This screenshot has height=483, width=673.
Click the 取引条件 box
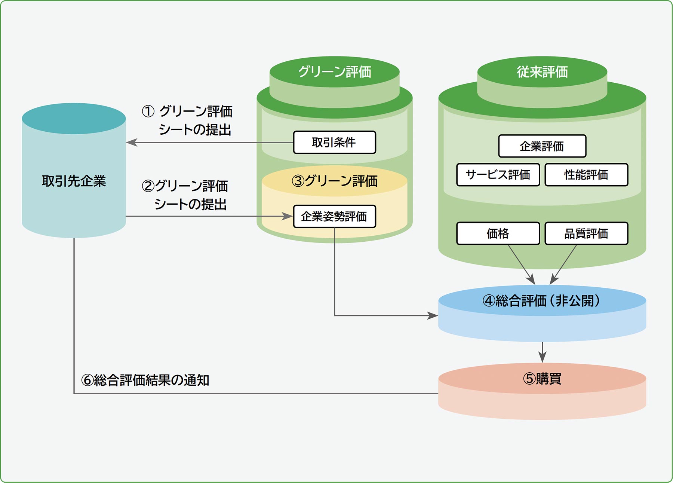click(x=334, y=142)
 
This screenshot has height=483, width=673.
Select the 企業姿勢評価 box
click(x=334, y=216)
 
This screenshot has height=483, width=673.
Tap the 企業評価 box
click(x=542, y=146)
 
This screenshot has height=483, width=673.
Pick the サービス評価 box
click(x=498, y=175)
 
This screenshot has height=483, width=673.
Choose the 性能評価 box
click(x=586, y=175)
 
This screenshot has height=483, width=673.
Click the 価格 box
click(x=498, y=233)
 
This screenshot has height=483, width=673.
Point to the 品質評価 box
click(x=586, y=233)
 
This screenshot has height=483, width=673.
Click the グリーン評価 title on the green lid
click(x=334, y=72)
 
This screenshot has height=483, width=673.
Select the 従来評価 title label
click(x=542, y=72)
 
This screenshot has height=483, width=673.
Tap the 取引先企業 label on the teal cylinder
click(x=74, y=181)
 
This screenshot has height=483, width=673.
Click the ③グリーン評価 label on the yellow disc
click(x=334, y=181)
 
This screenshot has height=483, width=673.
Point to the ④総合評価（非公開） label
click(x=542, y=300)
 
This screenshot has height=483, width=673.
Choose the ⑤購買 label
click(x=542, y=379)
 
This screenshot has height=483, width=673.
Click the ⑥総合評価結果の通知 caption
click(x=145, y=380)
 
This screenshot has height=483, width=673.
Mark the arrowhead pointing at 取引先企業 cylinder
click(x=131, y=143)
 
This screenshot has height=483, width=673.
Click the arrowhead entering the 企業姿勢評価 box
click(x=288, y=216)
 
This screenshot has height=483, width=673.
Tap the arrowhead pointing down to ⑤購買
click(x=542, y=358)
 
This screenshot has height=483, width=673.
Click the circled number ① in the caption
click(x=148, y=111)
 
